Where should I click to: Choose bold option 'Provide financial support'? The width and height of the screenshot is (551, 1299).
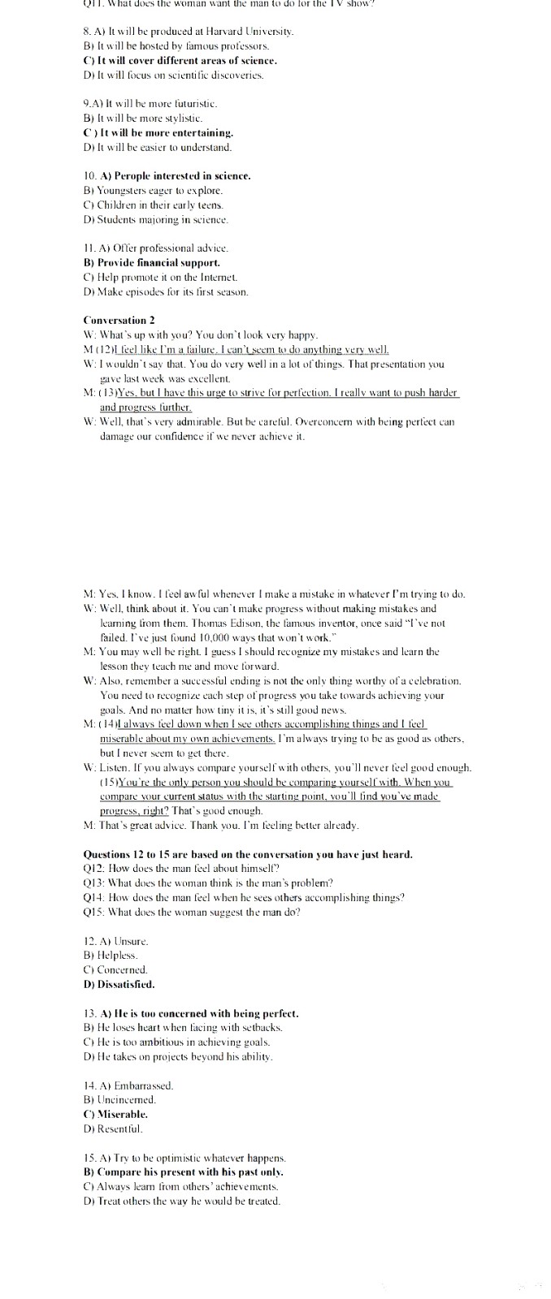tap(152, 262)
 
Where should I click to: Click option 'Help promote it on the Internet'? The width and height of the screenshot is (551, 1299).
tap(158, 277)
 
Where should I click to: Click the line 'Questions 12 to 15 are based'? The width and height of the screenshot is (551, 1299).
tap(248, 854)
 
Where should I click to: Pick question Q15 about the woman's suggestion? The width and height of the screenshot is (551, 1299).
tap(191, 912)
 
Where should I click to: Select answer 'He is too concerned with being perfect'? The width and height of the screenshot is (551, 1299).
tap(191, 1013)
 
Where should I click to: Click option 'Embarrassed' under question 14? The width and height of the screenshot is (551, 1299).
tap(128, 1085)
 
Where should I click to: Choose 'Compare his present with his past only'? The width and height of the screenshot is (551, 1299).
tap(184, 1172)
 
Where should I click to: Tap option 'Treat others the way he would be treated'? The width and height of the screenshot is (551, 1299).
tap(181, 1201)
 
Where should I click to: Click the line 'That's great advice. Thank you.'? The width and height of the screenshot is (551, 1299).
tap(220, 825)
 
